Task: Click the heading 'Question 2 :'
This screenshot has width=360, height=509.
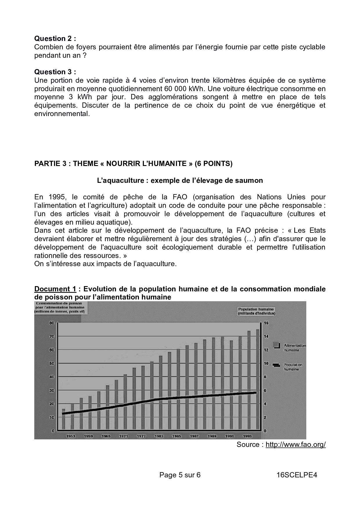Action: tap(55, 39)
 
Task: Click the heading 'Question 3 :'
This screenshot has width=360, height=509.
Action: tap(55, 72)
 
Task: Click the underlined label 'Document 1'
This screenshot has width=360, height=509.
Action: tap(55, 289)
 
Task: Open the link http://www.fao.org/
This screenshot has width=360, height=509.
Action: tap(296, 445)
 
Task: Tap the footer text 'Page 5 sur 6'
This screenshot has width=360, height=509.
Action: tap(180, 475)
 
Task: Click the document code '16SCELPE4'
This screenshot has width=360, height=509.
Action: tap(297, 475)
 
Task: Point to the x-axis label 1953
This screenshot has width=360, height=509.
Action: tap(71, 436)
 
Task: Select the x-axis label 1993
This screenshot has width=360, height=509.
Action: tap(247, 436)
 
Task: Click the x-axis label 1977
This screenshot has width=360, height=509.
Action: tap(141, 436)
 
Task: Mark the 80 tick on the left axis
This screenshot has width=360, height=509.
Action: tap(52, 323)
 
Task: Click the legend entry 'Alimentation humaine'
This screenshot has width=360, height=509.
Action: tap(294, 348)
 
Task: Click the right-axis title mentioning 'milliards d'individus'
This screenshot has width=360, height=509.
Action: tap(256, 311)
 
